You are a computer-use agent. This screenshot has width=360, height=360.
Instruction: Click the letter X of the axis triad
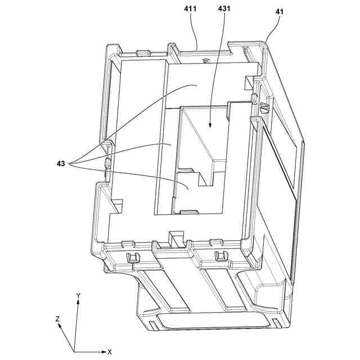click(110, 352)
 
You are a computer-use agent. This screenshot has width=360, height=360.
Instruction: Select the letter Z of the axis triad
click(57, 319)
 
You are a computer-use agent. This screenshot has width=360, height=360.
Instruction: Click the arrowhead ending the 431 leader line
click(210, 127)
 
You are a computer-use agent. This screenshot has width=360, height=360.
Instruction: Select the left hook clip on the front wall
click(134, 257)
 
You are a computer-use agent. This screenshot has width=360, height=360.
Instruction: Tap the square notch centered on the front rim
click(178, 240)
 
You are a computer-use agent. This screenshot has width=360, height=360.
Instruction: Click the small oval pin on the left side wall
click(107, 164)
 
